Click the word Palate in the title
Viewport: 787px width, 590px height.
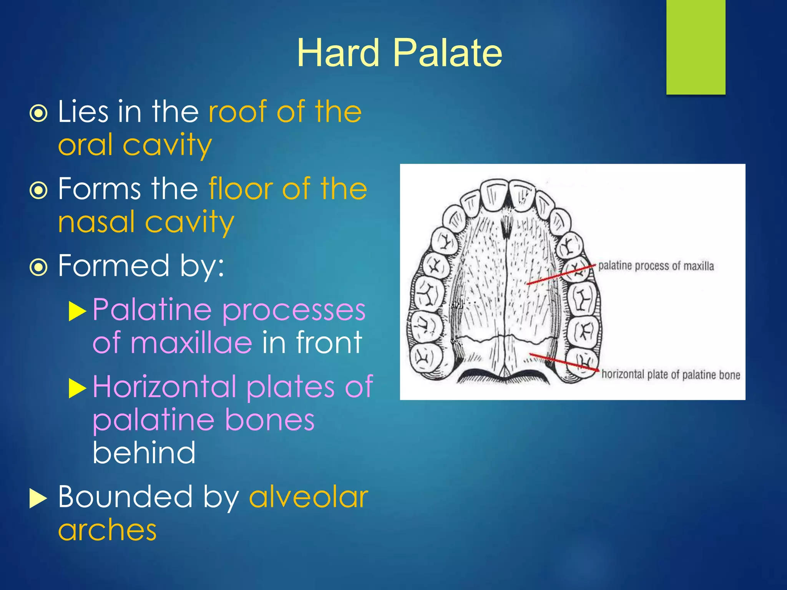pos(448,53)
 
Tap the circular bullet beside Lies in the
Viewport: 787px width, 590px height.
pos(38,113)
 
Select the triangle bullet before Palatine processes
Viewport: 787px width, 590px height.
pos(77,311)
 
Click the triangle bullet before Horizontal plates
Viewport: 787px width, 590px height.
pos(77,388)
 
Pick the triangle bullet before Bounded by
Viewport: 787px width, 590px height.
pos(38,499)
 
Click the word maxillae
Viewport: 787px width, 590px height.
pos(191,343)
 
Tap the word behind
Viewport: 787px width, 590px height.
pos(144,453)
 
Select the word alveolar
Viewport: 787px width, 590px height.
pos(309,497)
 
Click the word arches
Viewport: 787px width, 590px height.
pos(107,530)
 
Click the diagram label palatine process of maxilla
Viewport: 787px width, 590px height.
pos(656,266)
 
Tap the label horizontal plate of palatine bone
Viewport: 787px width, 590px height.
pos(671,375)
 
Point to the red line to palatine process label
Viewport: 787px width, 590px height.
pos(561,274)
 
